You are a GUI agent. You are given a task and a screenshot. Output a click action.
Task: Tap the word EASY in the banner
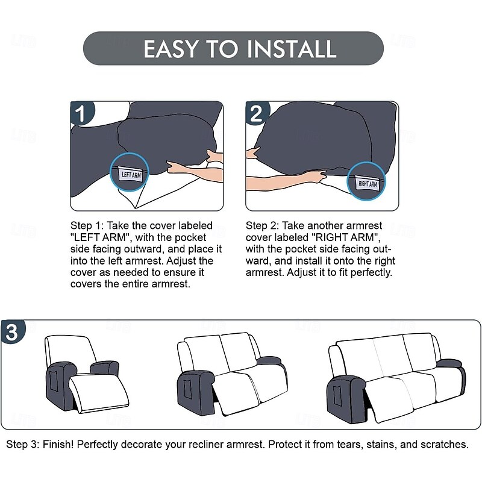[170, 49]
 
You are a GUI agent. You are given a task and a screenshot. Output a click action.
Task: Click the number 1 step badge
[81, 113]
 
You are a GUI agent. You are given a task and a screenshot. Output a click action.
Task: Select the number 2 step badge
[257, 113]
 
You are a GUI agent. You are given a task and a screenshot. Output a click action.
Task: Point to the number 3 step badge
[13, 331]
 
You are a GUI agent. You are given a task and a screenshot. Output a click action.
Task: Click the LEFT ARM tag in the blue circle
[131, 175]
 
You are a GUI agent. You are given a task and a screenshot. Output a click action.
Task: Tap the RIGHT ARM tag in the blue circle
[367, 184]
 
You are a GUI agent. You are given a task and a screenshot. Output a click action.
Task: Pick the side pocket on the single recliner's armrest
[54, 381]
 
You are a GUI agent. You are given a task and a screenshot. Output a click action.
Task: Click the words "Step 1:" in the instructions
[87, 225]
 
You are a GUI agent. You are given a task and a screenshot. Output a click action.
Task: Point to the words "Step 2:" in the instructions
[262, 225]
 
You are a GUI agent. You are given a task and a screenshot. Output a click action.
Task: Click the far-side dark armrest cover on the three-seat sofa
[449, 363]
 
